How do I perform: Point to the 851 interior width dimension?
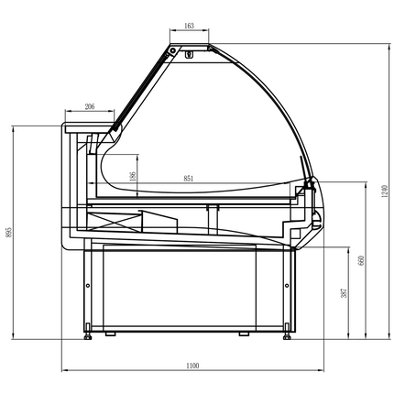[x=187, y=179]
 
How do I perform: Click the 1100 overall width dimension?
[x=192, y=366]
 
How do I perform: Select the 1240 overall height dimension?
[x=386, y=191]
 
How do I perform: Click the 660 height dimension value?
[x=362, y=261]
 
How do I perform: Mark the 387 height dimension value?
[x=343, y=292]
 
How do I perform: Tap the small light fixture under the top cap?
[x=190, y=53]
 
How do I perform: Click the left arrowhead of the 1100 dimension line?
[x=64, y=370]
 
